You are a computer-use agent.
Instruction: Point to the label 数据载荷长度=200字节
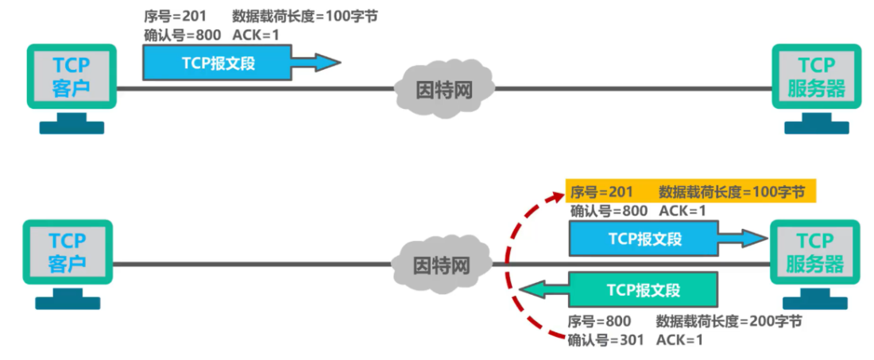point(729,321)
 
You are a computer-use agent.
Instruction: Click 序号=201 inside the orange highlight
point(601,192)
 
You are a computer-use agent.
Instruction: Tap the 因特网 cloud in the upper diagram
point(444,88)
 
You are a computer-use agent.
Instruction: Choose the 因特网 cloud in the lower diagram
point(443,265)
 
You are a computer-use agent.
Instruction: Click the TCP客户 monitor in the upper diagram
point(72,76)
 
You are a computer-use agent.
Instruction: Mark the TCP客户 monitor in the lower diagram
point(68,253)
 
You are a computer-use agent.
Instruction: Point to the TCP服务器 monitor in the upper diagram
point(816,76)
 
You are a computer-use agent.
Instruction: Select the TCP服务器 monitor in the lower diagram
point(815,253)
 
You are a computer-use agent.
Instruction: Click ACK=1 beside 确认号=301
point(680,339)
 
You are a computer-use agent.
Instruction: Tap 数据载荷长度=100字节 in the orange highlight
point(732,192)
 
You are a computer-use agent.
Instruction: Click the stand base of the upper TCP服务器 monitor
point(816,126)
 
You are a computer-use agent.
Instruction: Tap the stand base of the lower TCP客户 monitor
point(68,303)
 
